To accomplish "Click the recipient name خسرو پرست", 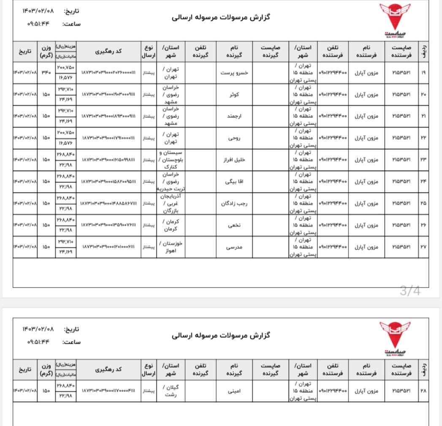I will (x=234, y=73).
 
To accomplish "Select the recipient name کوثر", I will (x=234, y=95).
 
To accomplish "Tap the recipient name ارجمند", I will (x=234, y=116).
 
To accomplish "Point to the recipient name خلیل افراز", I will (x=234, y=160).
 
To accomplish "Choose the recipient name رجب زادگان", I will (x=234, y=203).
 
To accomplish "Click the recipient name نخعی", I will (x=234, y=225).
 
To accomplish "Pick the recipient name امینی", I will (x=234, y=391).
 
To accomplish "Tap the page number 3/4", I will (x=410, y=291).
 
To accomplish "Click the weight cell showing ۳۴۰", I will (x=46, y=73).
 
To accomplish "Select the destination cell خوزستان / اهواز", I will (x=171, y=247).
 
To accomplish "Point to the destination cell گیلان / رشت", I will (x=171, y=391).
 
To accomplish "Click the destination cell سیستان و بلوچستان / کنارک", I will (x=171, y=160).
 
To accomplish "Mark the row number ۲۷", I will (x=423, y=247).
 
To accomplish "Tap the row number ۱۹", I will (x=423, y=73).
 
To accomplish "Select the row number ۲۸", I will (x=423, y=391).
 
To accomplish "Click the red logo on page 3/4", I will (x=394, y=19).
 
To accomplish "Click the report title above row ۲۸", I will (x=221, y=336).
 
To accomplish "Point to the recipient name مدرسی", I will (x=234, y=247).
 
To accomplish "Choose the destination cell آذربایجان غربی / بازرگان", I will (x=171, y=203).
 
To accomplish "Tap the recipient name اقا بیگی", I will (x=234, y=182).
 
